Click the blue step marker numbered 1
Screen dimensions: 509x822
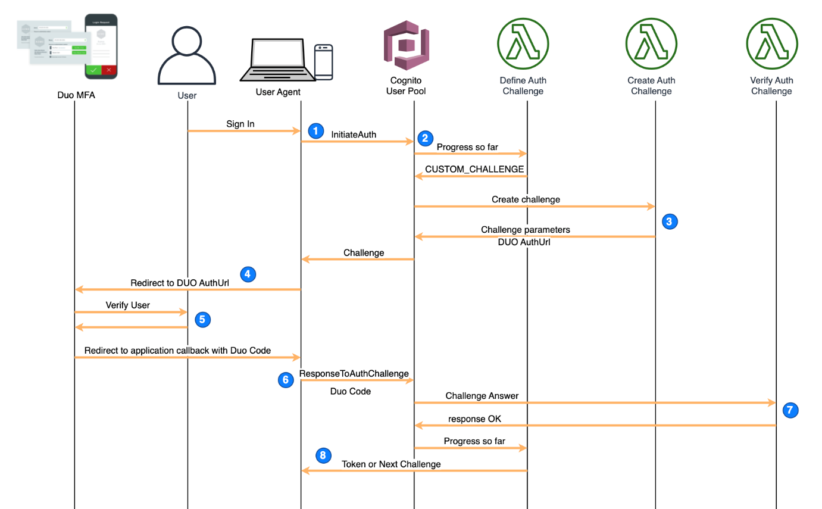coord(316,130)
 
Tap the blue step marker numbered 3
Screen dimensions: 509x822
coord(670,221)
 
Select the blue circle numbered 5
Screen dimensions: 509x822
coord(202,320)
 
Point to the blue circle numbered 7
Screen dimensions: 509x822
coord(790,410)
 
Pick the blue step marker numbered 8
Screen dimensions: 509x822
coord(323,455)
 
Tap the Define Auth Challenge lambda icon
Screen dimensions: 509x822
coord(523,44)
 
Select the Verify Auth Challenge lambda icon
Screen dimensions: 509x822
coord(771,44)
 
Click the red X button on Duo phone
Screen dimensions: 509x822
coord(109,70)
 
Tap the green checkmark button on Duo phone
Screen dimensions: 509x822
coord(93,70)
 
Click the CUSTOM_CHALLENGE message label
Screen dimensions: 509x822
coord(474,170)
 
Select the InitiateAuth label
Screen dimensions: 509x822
coord(354,135)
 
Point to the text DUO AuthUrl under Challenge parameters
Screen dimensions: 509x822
coord(524,242)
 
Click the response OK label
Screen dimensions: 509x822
coord(474,419)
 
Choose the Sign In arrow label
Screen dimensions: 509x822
coord(240,124)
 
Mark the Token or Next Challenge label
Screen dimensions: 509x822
coord(391,464)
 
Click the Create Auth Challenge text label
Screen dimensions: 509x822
coord(651,86)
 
